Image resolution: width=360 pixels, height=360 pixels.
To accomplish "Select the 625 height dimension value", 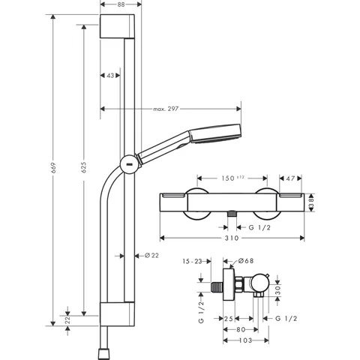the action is tap(84, 167).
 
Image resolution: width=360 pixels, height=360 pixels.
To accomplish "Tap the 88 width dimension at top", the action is tap(121, 4).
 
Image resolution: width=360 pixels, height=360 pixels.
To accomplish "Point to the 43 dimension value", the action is tap(110, 75).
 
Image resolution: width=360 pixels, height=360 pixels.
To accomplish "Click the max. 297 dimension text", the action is tap(166, 109).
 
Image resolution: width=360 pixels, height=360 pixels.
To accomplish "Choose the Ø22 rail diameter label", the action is tap(151, 255).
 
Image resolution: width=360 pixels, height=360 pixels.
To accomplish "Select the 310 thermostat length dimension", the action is tap(232, 238).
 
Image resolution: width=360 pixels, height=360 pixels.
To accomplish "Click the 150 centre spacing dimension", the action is tap(228, 178).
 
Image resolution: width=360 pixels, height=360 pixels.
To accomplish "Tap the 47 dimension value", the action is tap(290, 178).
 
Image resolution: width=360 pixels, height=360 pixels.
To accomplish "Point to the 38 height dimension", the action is tap(311, 202).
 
